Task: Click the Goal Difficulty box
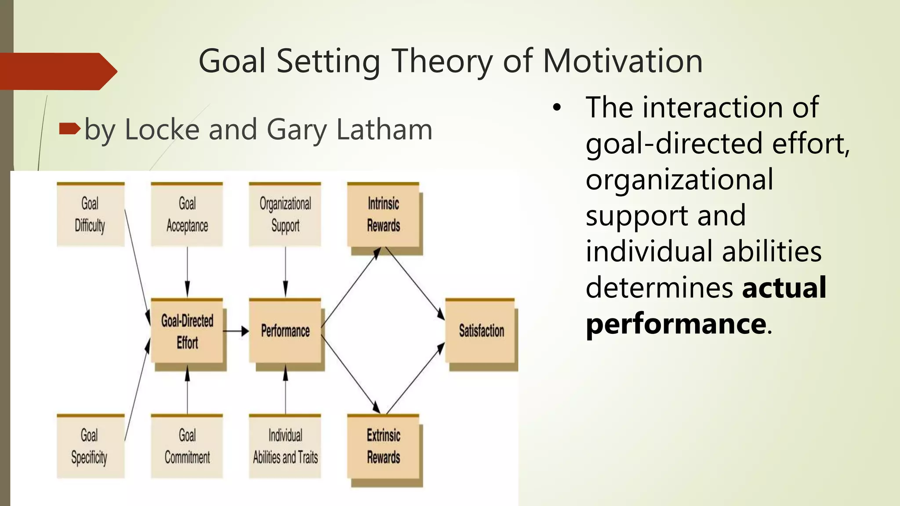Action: (x=90, y=214)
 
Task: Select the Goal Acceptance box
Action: (x=187, y=214)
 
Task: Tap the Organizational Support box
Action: (x=285, y=214)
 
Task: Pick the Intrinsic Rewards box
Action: (x=383, y=214)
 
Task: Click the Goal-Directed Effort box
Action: (x=187, y=331)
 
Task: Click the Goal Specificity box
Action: (x=90, y=446)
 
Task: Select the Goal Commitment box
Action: (x=187, y=446)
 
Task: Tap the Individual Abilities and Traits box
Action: (x=285, y=446)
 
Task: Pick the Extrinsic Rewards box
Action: (x=383, y=446)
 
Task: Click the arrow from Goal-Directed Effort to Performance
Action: (x=236, y=331)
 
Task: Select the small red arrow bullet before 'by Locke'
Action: (x=69, y=129)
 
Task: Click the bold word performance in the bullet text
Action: (x=676, y=324)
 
